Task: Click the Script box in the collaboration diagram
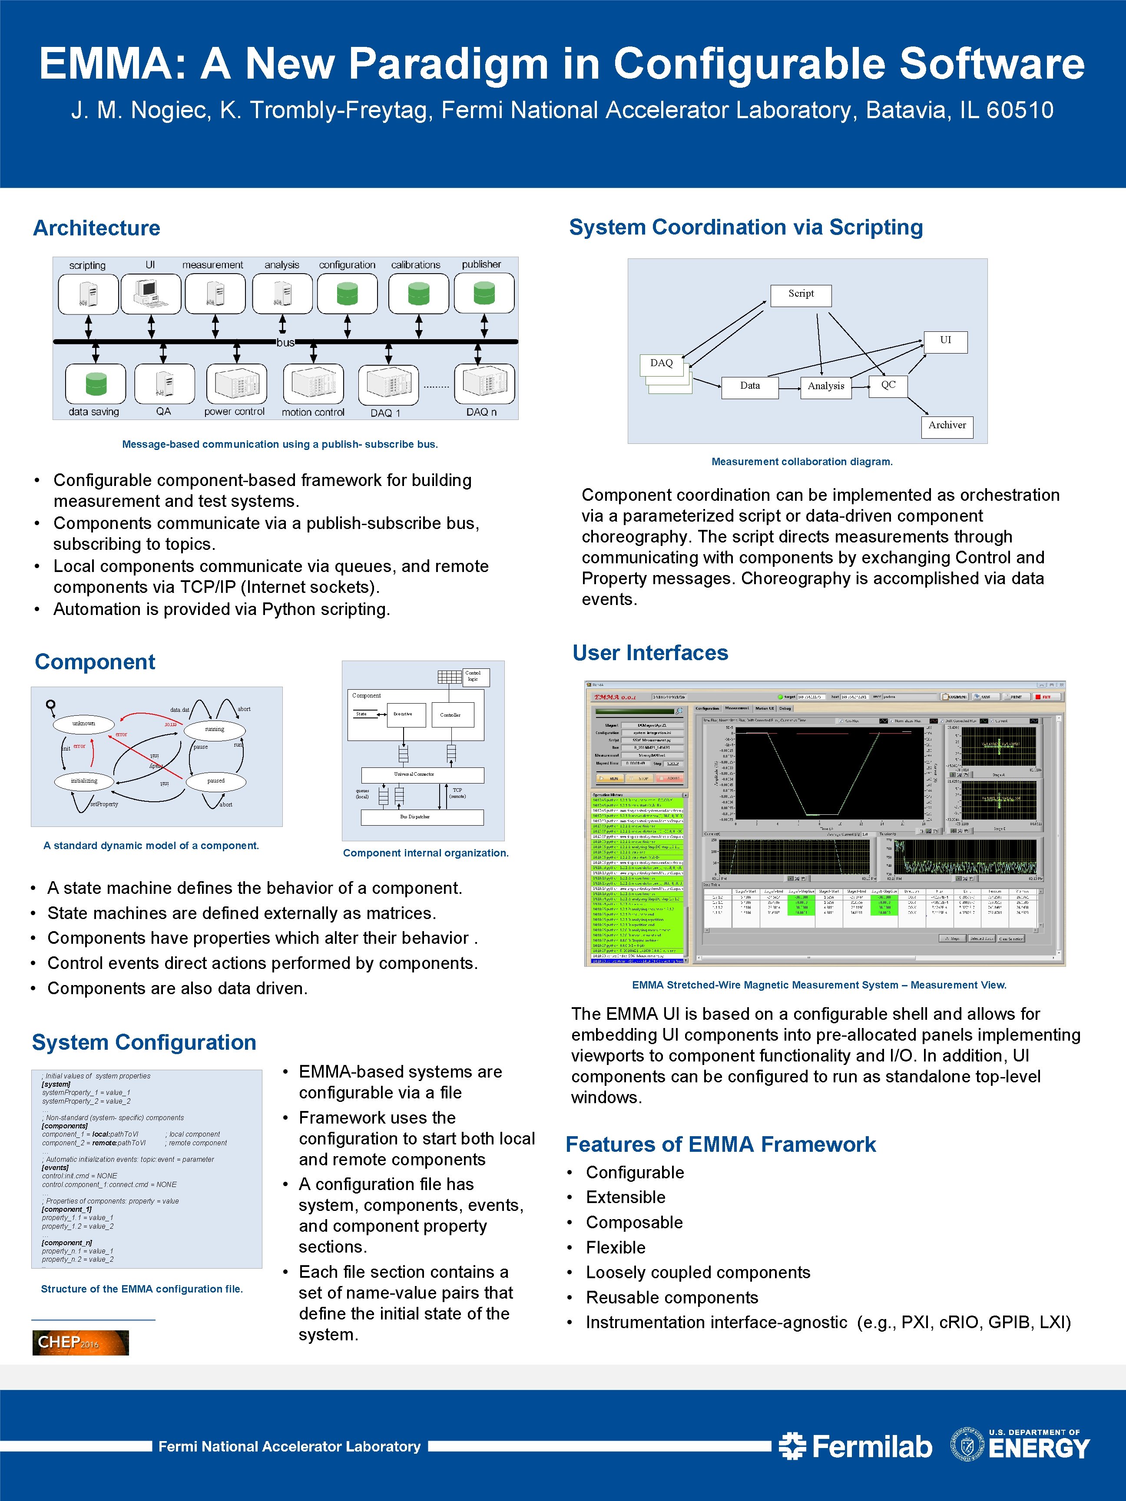pos(801,294)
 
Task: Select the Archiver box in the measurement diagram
pos(947,426)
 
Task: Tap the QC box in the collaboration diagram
pos(888,385)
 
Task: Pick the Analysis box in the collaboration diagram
pos(825,386)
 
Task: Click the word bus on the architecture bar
pos(285,343)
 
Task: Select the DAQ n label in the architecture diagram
pos(481,412)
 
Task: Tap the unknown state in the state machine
pos(83,724)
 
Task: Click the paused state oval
pos(216,781)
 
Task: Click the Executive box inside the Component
pos(405,714)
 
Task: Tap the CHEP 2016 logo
pos(80,1342)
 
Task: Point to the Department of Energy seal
pos(967,1445)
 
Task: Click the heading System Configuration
pos(144,1042)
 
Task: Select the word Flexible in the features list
pos(616,1247)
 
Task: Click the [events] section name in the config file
pos(55,1168)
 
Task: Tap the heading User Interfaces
pos(650,653)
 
